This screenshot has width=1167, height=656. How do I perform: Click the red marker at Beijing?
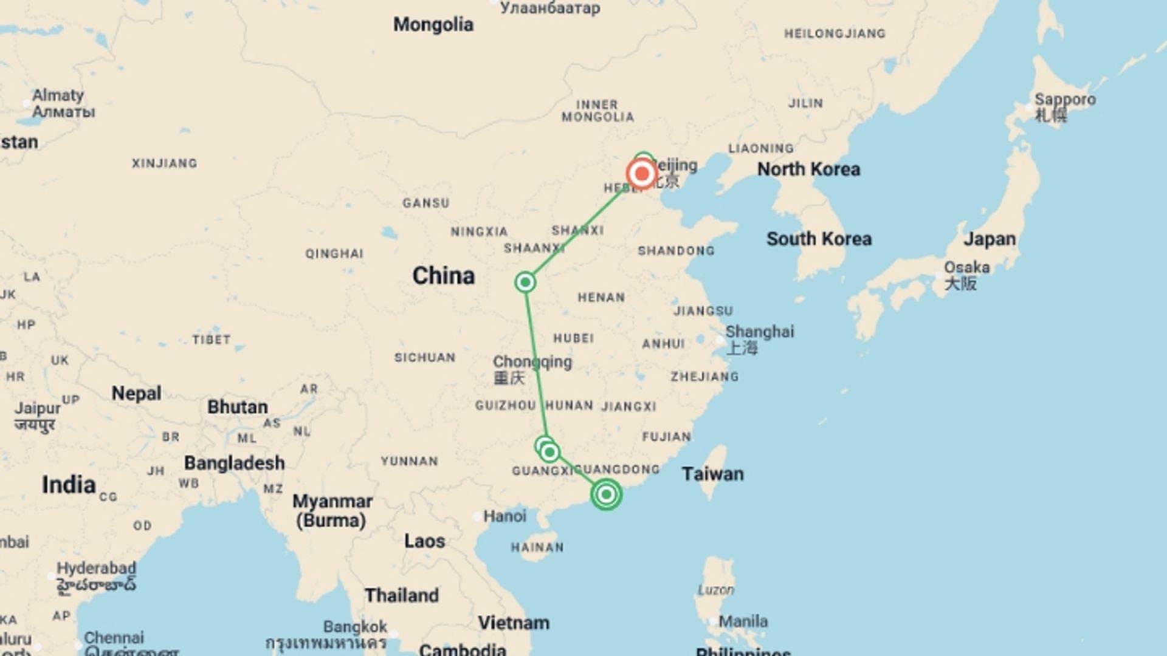coord(641,174)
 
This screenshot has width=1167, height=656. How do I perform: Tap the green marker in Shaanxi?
coord(525,282)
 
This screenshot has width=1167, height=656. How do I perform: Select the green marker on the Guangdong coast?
coord(606,494)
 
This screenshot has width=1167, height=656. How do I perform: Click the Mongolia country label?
coord(433,25)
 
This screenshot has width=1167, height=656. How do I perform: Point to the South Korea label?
coord(819,239)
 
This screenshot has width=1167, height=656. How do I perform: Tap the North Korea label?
coord(808,169)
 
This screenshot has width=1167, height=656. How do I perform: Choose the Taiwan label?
coord(712,474)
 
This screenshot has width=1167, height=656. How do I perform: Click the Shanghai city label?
coord(759,332)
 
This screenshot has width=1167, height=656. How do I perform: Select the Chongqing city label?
coord(532,362)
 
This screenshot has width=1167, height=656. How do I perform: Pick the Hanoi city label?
coord(504,516)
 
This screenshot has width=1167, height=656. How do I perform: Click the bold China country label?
coord(443,276)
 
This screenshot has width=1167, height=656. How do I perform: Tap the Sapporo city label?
coord(1065,100)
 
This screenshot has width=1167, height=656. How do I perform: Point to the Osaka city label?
coord(966,268)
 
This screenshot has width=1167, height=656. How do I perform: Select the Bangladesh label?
coord(234,463)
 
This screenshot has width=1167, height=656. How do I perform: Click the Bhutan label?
coord(237,407)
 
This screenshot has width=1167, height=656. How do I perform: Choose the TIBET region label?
coord(212,340)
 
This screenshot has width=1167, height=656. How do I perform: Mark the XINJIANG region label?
coord(164,163)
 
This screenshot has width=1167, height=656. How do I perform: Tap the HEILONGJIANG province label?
coord(834,34)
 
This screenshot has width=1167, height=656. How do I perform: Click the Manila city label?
coord(743,621)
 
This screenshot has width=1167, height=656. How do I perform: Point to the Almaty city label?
coord(58,96)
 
